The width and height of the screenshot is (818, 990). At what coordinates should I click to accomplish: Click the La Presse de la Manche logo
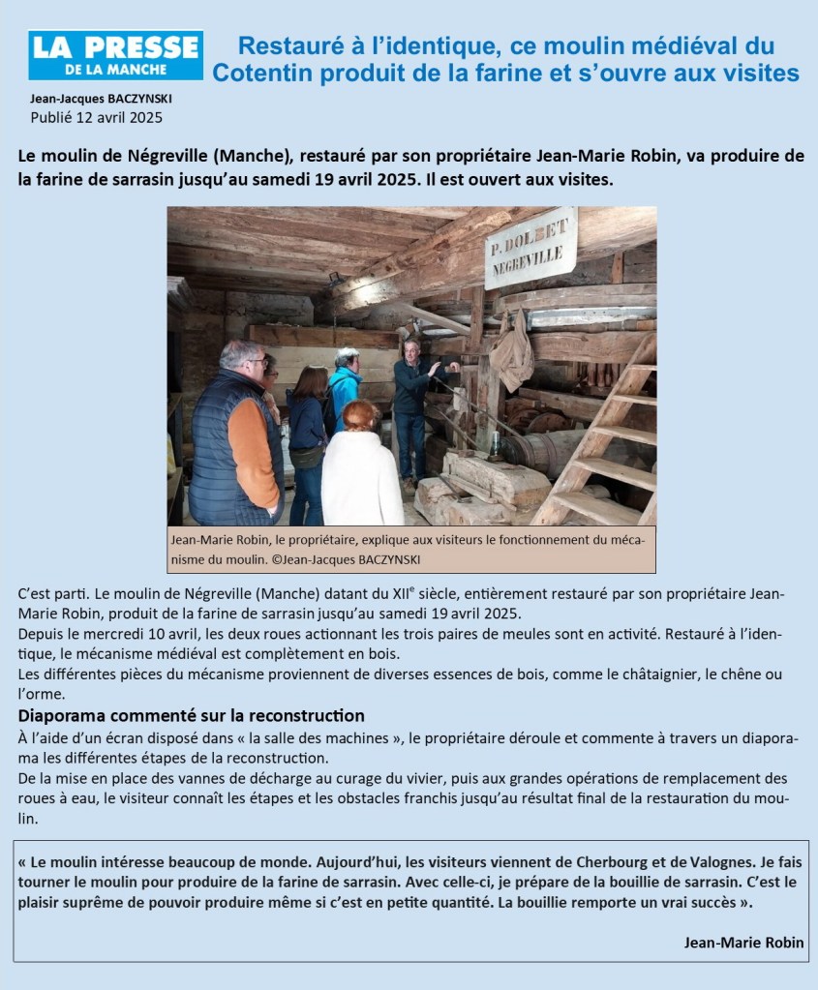[115, 55]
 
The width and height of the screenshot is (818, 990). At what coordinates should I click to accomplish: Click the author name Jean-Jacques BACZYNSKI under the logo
[93, 99]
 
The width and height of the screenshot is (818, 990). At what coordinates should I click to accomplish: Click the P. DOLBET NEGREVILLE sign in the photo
[530, 248]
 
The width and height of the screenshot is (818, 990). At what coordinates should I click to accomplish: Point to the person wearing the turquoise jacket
[345, 387]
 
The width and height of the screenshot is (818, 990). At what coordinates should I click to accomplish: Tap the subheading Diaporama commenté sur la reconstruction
[192, 715]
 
